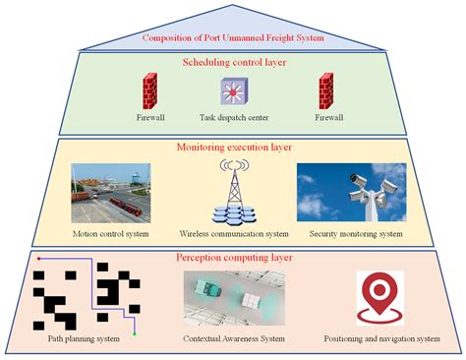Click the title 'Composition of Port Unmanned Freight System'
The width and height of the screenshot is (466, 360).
point(233,38)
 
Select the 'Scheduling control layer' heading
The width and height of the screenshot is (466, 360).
point(233,62)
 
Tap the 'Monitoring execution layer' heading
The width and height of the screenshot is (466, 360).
point(233,148)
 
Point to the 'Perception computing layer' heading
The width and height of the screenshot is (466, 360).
point(233,258)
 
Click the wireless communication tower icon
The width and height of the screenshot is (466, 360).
point(232,192)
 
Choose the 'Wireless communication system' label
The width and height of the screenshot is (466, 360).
point(233,234)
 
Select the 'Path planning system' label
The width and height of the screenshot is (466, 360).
point(85,339)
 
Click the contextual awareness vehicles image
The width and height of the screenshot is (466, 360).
point(232,296)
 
